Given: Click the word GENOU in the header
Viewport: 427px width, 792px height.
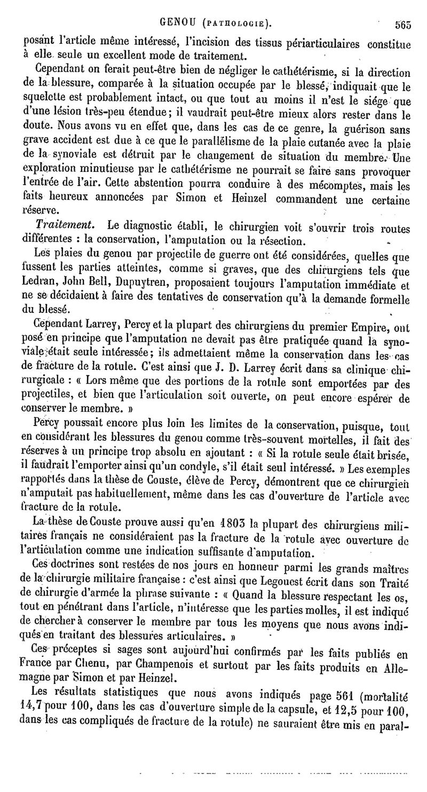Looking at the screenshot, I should click(x=180, y=23).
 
